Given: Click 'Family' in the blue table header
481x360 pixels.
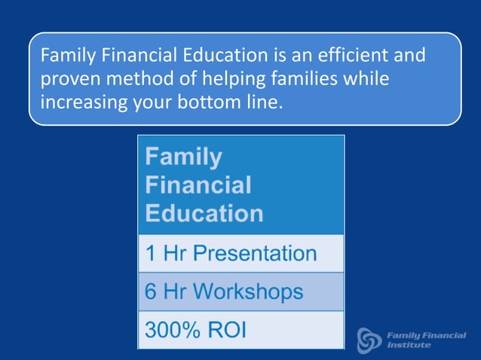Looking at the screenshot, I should point(183,157).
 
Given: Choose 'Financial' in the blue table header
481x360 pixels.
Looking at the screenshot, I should point(198,185).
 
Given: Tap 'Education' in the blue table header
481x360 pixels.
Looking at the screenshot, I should point(204,213).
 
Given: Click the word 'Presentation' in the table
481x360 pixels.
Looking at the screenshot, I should point(254,253).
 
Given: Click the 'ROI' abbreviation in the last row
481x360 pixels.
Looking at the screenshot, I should point(227,331).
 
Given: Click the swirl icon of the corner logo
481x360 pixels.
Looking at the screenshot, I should point(369,339).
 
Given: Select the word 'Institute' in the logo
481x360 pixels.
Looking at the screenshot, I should point(409,346).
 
